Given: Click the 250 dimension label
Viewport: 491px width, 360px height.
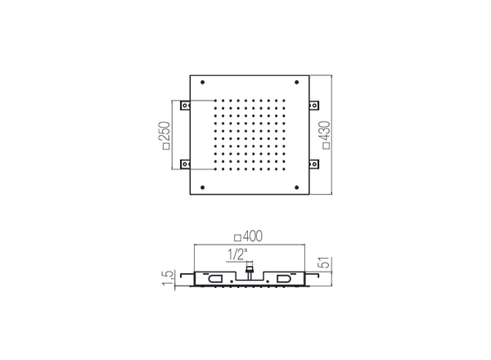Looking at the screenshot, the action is tap(166, 132).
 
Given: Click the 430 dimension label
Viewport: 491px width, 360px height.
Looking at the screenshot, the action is tap(326, 132).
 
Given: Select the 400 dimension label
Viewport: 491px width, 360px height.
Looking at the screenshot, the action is tap(252, 236).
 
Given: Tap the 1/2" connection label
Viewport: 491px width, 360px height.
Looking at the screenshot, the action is tap(237, 254).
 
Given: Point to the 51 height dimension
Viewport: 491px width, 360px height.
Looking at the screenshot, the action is tap(325, 263).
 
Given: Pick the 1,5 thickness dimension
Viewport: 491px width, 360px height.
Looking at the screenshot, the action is tap(168, 278).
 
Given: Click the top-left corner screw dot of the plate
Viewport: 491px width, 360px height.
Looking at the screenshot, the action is tap(203, 83).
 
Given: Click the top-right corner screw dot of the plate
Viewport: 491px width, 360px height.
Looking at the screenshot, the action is tap(296, 83).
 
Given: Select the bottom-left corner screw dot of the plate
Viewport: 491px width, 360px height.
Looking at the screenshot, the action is tap(203, 187).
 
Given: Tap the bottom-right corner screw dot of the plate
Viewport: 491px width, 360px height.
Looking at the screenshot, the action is tap(296, 187).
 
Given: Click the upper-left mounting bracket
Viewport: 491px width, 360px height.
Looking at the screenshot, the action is tap(186, 106).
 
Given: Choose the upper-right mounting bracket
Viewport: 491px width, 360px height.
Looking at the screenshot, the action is tap(313, 106).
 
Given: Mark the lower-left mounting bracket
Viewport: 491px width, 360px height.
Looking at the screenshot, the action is tap(186, 164).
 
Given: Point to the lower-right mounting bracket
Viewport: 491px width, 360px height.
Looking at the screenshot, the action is tap(313, 164).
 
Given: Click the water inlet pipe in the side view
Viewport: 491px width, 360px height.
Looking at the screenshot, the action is tap(250, 273).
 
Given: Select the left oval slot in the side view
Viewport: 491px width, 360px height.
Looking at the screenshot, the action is tap(215, 278).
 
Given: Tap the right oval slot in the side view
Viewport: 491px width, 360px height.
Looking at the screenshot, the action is tap(284, 278).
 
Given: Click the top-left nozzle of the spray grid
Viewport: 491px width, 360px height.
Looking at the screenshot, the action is tap(215, 101).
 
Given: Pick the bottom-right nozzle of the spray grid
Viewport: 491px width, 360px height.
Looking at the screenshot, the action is tap(284, 169).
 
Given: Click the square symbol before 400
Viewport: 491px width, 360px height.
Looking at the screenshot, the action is tap(238, 238).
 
